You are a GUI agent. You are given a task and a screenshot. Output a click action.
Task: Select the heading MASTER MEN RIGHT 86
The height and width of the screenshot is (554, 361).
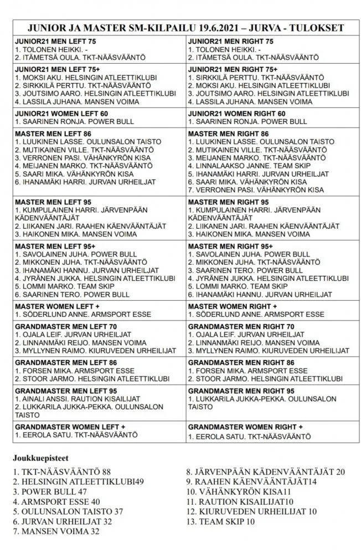pyautogui.click(x=228, y=134)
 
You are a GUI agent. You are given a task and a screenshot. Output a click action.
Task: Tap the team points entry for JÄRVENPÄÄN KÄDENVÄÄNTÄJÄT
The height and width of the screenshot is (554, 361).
pyautogui.click(x=265, y=471)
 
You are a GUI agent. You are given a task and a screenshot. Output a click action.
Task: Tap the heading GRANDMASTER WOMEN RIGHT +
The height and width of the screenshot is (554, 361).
pyautogui.click(x=245, y=428)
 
